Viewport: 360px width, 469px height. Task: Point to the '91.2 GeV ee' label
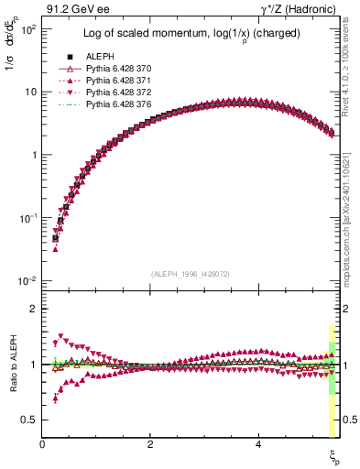[x=71, y=8]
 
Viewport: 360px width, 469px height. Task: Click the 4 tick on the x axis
[x=259, y=443]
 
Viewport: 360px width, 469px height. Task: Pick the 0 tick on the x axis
[x=43, y=443]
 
